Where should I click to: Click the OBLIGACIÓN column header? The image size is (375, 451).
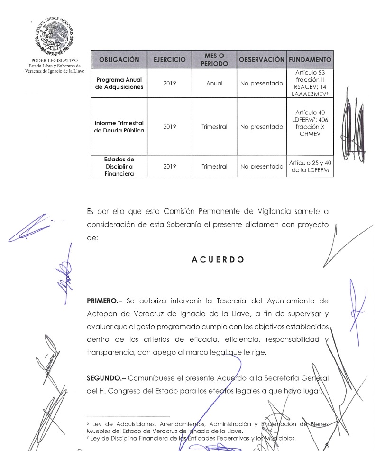click(119, 60)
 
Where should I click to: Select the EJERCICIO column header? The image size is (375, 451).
click(169, 60)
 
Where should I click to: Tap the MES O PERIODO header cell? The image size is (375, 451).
click(214, 60)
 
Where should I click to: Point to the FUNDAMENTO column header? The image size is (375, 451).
click(310, 60)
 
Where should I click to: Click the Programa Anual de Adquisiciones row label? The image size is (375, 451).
click(119, 83)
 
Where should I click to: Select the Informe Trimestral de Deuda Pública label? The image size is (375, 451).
click(119, 127)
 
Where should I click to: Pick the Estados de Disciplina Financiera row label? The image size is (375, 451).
click(119, 167)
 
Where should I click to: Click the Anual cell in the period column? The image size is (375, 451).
click(214, 83)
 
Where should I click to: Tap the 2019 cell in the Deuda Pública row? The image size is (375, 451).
click(169, 127)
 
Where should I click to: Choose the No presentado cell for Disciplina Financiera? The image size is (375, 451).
click(261, 167)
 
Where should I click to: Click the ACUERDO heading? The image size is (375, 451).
click(218, 260)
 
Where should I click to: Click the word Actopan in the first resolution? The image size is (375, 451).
click(100, 314)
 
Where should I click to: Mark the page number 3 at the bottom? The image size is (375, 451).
click(326, 445)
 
